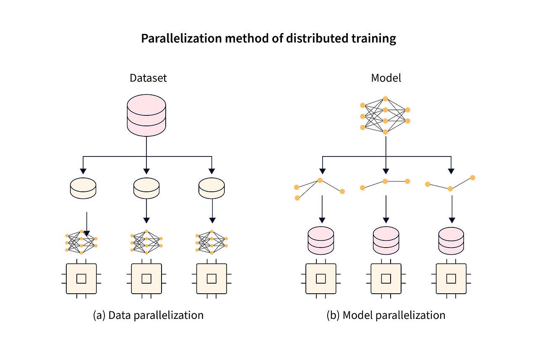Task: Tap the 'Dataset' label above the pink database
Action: tap(148, 78)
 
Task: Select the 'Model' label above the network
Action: tap(386, 78)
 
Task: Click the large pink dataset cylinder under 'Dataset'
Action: tap(146, 115)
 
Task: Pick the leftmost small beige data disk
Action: tap(83, 187)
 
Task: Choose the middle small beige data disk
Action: tap(146, 187)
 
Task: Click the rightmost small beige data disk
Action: tap(212, 187)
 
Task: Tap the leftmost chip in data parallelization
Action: tap(81, 279)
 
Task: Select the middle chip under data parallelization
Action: tap(146, 279)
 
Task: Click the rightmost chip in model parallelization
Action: tap(451, 279)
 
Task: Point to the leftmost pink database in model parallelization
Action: tap(321, 240)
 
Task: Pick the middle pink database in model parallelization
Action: tap(386, 240)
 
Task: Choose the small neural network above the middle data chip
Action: tap(146, 243)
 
